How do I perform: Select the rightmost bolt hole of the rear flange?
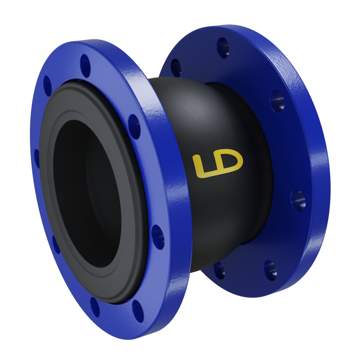298,200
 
